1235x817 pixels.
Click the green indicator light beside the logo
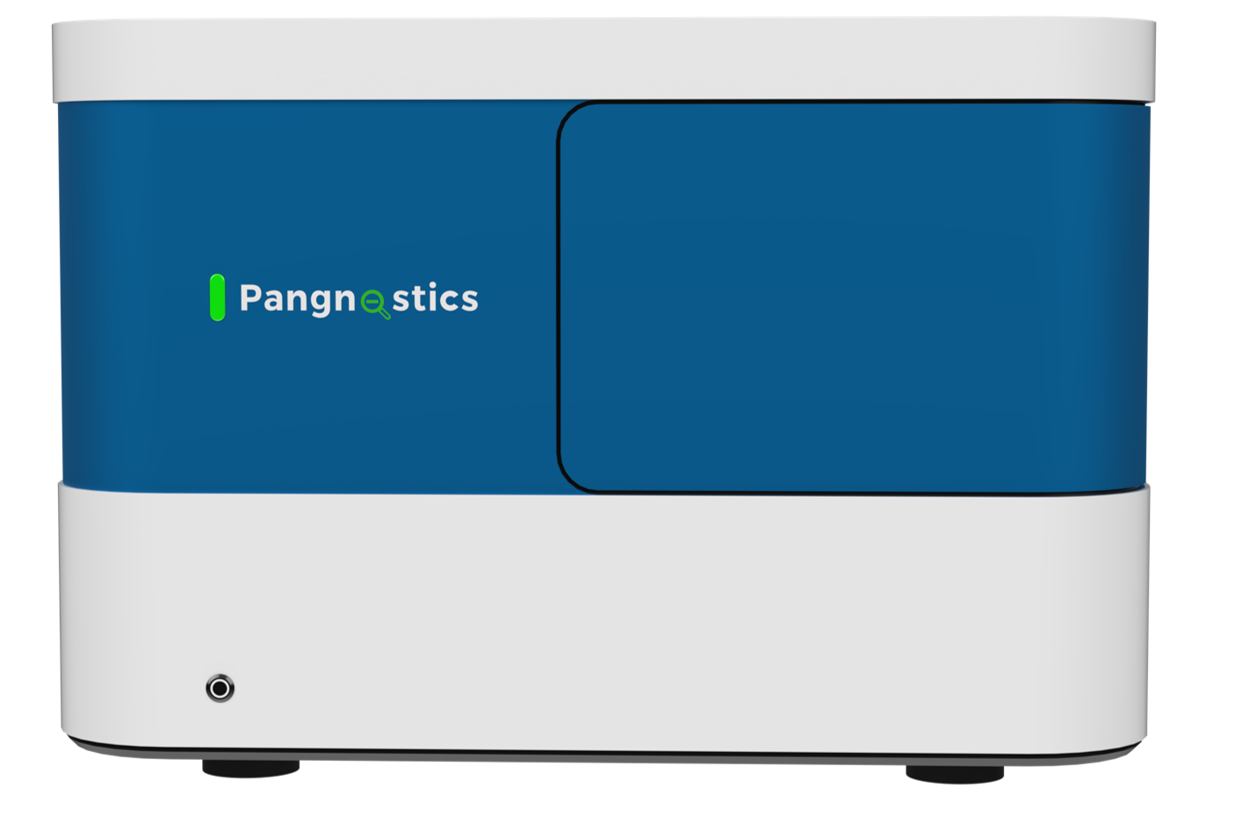click(216, 297)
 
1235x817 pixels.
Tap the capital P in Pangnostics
click(250, 298)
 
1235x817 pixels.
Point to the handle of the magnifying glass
click(384, 313)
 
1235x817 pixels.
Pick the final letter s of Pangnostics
click(469, 301)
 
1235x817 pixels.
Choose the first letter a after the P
click(272, 301)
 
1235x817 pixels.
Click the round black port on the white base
click(220, 688)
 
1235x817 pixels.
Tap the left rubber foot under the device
click(249, 769)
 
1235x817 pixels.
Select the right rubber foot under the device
click(955, 774)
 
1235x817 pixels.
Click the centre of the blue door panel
click(852, 297)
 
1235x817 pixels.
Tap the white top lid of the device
click(603, 58)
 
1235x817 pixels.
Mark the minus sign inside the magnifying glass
click(372, 301)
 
